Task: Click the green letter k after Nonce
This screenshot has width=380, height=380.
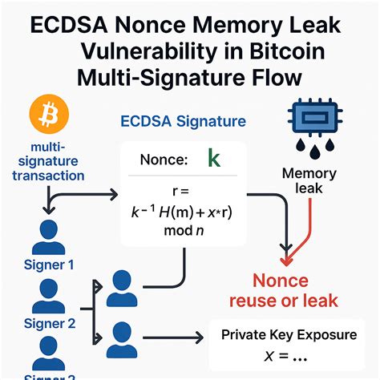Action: (213, 158)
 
